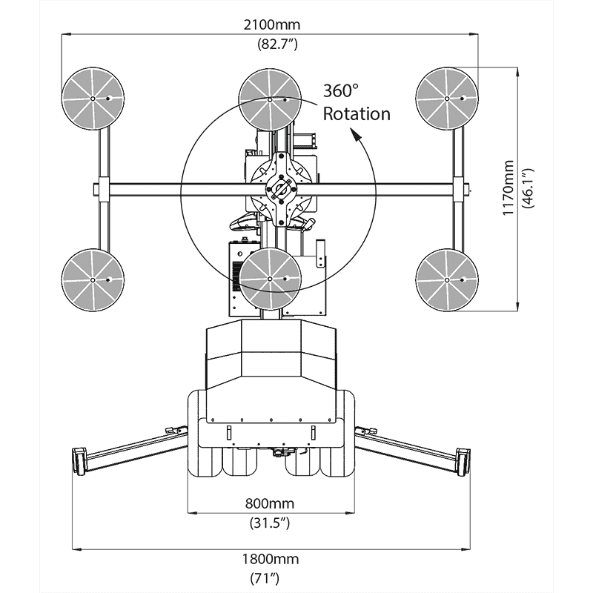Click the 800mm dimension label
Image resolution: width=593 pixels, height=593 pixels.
click(x=269, y=504)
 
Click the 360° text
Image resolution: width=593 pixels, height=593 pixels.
click(x=339, y=91)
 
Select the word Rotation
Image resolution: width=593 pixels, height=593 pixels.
click(x=356, y=113)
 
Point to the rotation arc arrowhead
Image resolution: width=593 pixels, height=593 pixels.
click(x=358, y=136)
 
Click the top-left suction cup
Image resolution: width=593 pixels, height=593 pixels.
click(x=92, y=99)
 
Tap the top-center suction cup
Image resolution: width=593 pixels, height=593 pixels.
click(x=270, y=99)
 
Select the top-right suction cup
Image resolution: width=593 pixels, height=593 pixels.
click(x=446, y=99)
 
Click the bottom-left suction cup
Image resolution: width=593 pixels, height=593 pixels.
click(x=92, y=279)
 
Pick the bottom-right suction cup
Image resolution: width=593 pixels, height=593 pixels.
click(x=446, y=279)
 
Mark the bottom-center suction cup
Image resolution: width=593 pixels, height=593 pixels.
click(x=270, y=279)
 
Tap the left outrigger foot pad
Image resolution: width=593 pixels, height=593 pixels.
click(x=79, y=460)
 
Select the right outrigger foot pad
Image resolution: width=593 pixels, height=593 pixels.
click(x=463, y=460)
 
